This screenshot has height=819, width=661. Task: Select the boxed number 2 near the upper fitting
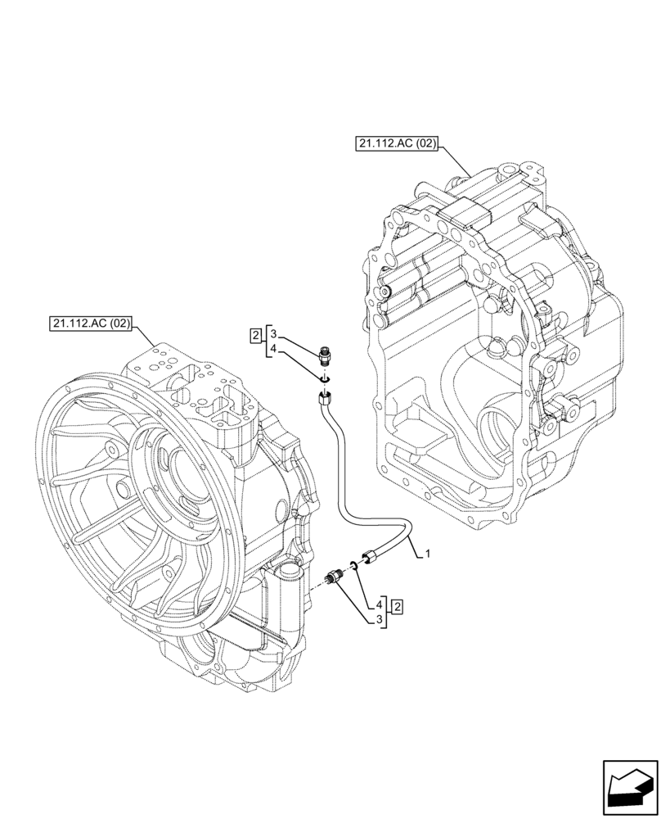pos(256,335)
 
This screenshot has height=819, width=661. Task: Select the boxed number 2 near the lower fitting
pos(397,606)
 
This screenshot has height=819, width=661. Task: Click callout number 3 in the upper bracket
pos(274,334)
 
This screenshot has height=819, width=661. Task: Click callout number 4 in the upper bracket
pos(274,350)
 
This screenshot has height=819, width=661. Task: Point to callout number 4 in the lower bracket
pos(380,605)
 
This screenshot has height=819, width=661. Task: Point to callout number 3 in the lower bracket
pos(380,620)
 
